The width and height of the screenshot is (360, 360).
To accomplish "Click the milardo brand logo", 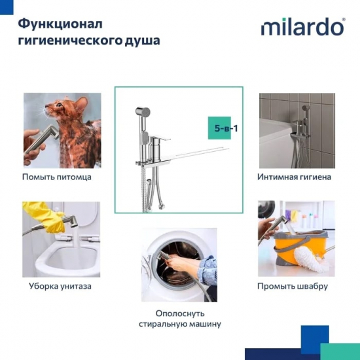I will click(x=302, y=27).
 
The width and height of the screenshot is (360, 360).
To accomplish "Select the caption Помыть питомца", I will click(x=57, y=177).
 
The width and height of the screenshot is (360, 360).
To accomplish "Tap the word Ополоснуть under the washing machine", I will click(x=180, y=313).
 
